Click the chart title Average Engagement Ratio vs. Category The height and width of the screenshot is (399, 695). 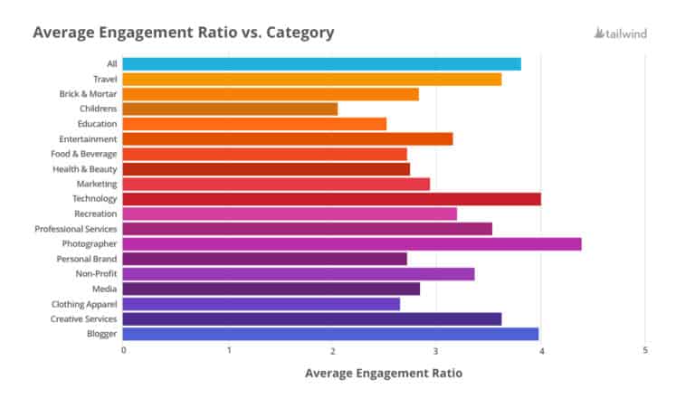pyautogui.click(x=184, y=33)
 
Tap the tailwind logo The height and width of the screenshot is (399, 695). pyautogui.click(x=620, y=33)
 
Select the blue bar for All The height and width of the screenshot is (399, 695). pyautogui.click(x=321, y=63)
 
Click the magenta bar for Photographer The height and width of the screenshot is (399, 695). pyautogui.click(x=352, y=243)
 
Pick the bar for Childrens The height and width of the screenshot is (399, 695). pyautogui.click(x=230, y=109)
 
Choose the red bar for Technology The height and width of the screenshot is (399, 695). pyautogui.click(x=331, y=198)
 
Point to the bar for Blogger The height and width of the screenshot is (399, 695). pyautogui.click(x=330, y=334)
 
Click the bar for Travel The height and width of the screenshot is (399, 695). pyautogui.click(x=311, y=79)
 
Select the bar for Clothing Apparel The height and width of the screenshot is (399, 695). pyautogui.click(x=261, y=304)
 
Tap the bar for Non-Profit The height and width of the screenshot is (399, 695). pyautogui.click(x=299, y=273)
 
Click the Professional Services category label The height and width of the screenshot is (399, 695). pyautogui.click(x=76, y=229)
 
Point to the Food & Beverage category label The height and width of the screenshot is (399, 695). pyautogui.click(x=84, y=154)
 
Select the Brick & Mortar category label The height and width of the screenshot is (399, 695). pyautogui.click(x=88, y=94)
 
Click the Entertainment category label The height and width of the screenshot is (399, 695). pyautogui.click(x=88, y=139)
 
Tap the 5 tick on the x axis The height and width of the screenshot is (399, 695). pyautogui.click(x=645, y=350)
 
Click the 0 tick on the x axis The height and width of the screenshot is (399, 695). pyautogui.click(x=123, y=350)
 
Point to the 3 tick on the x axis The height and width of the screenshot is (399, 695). pyautogui.click(x=436, y=350)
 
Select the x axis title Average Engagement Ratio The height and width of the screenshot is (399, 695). pyautogui.click(x=383, y=373)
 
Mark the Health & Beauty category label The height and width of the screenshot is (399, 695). pyautogui.click(x=86, y=169)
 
